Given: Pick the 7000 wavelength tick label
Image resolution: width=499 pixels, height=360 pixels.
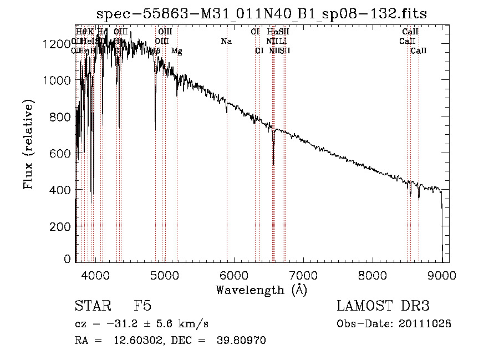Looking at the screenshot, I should [x=303, y=273].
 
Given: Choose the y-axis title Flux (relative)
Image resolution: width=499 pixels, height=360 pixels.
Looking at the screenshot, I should [x=28, y=144].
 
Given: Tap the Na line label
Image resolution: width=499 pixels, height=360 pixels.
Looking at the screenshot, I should [x=226, y=41].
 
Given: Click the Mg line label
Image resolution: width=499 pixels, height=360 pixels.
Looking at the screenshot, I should [x=176, y=51].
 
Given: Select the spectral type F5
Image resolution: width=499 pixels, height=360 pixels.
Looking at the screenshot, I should [x=142, y=306].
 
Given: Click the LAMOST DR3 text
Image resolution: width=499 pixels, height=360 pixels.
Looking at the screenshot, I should [x=383, y=306].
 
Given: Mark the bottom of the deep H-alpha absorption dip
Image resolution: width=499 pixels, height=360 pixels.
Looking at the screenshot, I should [x=273, y=164].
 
